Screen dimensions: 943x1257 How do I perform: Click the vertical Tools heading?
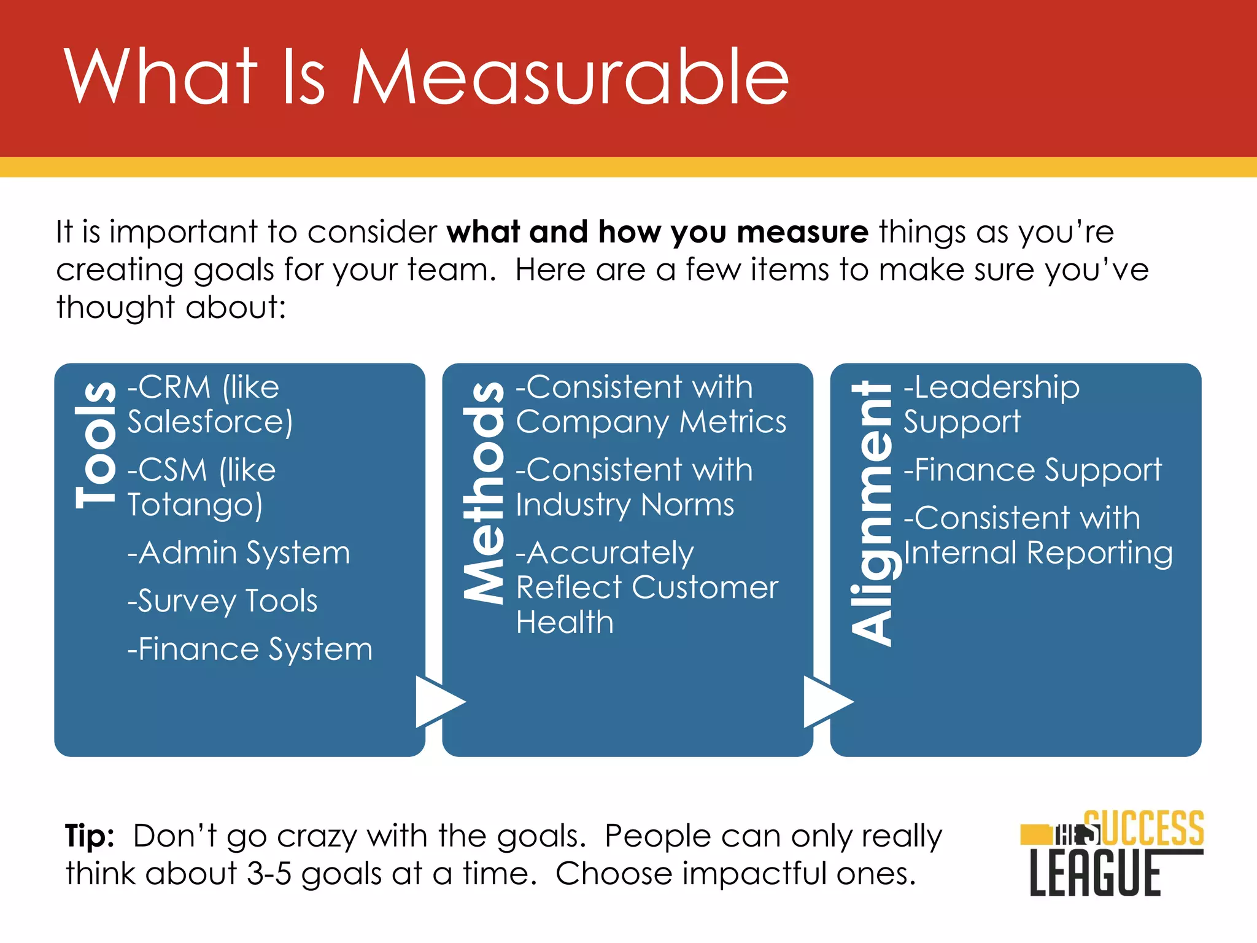[96, 445]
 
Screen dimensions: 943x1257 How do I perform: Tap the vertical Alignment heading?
[872, 513]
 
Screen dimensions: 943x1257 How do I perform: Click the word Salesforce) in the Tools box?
[210, 422]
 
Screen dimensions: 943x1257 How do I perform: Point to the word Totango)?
[195, 505]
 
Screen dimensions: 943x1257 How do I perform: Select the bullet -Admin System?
[239, 553]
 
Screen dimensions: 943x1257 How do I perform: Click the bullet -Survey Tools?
[222, 600]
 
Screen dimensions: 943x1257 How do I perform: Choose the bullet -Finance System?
[250, 649]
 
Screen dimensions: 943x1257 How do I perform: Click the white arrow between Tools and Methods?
[437, 702]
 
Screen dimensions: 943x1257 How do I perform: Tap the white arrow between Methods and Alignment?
[825, 702]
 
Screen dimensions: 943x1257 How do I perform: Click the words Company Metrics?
[651, 422]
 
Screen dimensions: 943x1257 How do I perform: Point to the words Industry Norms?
[624, 505]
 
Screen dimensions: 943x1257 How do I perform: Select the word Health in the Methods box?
[565, 622]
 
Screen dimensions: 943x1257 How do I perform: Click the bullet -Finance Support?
[1032, 470]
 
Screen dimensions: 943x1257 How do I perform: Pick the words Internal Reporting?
[1038, 553]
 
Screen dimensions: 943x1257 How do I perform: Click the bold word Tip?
[90, 836]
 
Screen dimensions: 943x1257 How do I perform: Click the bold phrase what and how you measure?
[657, 232]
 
